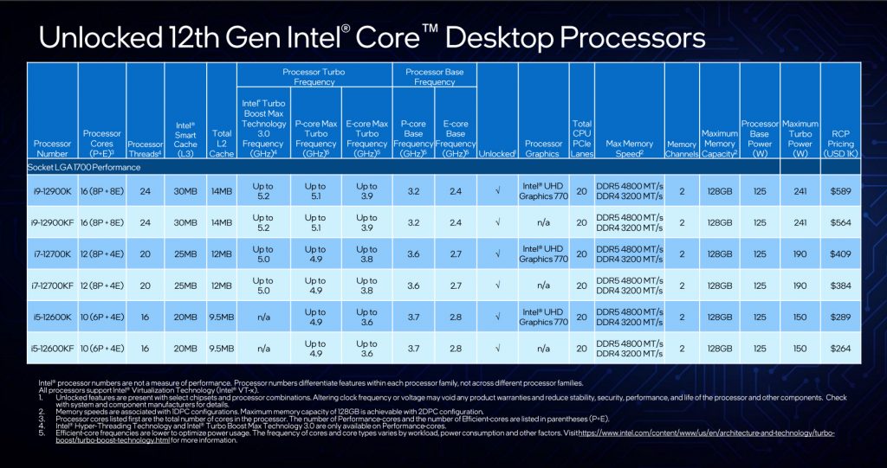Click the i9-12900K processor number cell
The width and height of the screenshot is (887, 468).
coord(53,190)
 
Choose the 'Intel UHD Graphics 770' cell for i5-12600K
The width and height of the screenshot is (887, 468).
coord(543,317)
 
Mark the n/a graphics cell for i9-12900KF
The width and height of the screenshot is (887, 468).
coord(543,222)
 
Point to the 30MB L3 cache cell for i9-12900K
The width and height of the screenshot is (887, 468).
coord(186,190)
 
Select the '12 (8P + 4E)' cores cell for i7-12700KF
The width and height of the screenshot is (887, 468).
coord(102,285)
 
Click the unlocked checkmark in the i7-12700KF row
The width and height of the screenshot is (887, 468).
coord(496,285)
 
